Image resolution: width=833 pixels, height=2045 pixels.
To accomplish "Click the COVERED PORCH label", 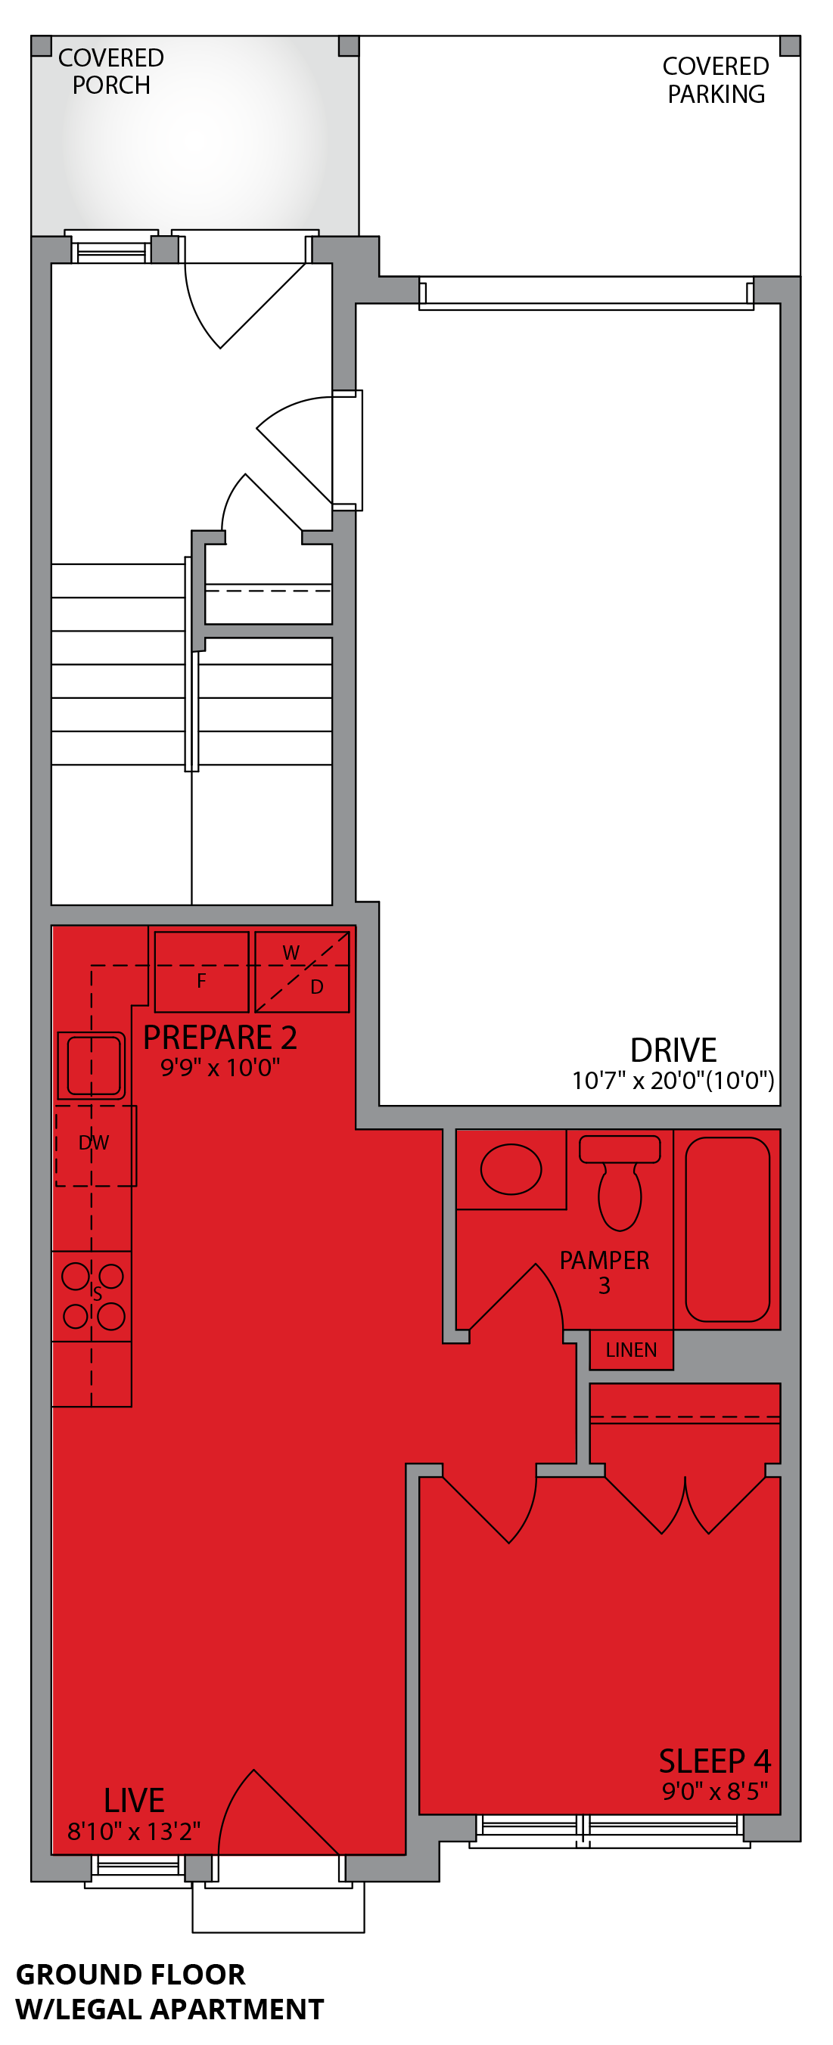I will (x=111, y=71).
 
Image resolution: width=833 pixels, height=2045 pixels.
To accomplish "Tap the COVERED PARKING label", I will (x=716, y=80).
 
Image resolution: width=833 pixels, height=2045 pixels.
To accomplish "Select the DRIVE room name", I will (x=673, y=1050).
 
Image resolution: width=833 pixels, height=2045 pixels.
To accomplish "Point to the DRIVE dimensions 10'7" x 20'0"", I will (x=673, y=1081).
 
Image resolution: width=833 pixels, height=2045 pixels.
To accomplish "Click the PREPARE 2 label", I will (x=220, y=1038).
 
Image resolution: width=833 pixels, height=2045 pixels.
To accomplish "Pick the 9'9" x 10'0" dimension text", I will (x=220, y=1068).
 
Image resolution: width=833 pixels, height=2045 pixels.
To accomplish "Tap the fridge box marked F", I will (x=202, y=973).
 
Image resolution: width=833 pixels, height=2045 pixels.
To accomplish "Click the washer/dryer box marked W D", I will (x=303, y=972).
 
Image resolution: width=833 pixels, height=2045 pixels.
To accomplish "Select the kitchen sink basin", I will (x=93, y=1066).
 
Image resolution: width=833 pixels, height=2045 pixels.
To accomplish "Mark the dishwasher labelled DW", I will (x=95, y=1144).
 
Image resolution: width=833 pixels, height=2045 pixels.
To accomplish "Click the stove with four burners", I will (x=93, y=1296).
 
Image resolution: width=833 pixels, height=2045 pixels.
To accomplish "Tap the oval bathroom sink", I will (x=511, y=1168).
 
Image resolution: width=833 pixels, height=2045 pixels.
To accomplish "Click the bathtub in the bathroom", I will (x=726, y=1229).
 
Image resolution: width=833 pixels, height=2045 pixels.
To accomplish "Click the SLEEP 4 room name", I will (x=715, y=1761).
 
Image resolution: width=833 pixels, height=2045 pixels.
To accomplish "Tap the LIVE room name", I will (x=134, y=1801).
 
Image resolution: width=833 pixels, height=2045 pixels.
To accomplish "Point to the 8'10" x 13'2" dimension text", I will (x=134, y=1832).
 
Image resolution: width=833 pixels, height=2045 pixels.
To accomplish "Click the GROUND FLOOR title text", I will (x=131, y=1975).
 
